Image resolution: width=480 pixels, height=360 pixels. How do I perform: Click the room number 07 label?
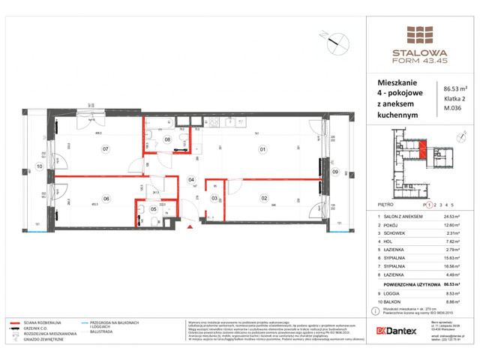(x=106, y=149)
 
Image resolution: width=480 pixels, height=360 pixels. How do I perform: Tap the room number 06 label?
(x=106, y=198)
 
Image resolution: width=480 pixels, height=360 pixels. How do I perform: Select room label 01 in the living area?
(x=262, y=149)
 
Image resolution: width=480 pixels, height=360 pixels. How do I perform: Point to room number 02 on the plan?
(x=264, y=198)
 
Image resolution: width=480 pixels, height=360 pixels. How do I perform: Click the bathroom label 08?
(x=168, y=139)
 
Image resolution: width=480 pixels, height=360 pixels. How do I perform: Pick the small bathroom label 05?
(x=153, y=209)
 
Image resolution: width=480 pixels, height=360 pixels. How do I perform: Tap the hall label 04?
(x=191, y=180)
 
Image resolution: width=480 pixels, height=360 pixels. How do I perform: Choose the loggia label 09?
(x=335, y=171)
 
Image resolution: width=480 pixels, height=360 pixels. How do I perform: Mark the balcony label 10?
(x=37, y=166)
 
